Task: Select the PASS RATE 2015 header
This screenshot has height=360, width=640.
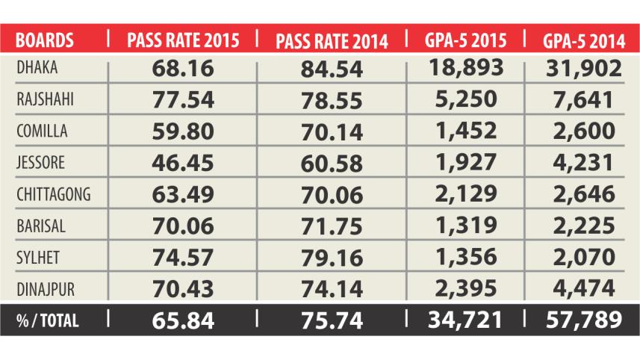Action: (182, 39)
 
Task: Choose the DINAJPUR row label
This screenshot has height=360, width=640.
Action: (44, 287)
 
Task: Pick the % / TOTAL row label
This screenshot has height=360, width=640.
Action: (46, 320)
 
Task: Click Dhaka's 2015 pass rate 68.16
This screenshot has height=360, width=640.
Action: (182, 69)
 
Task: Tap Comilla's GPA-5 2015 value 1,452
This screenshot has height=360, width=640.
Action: (464, 131)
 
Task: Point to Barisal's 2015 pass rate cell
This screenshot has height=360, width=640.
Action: (182, 226)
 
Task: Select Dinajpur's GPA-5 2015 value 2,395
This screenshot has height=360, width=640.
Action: (464, 288)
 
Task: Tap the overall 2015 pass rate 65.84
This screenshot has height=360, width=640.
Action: (182, 320)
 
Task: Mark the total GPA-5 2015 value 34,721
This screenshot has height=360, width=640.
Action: (464, 320)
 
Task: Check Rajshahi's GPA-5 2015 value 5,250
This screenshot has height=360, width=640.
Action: (464, 99)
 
